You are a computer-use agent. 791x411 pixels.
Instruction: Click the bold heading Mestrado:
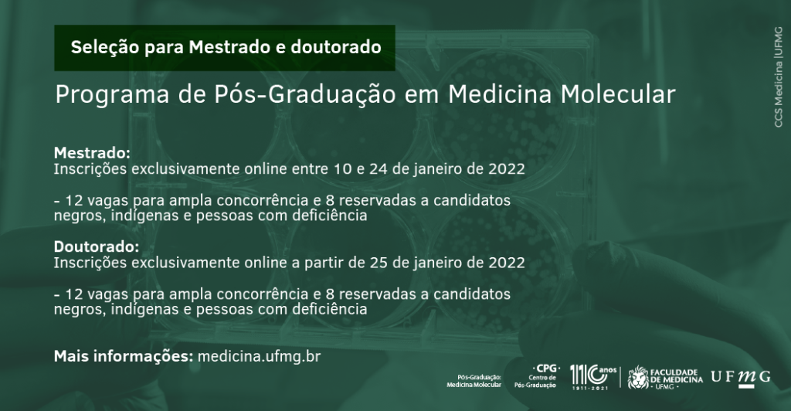[92, 152]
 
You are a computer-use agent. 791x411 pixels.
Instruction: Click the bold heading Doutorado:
[97, 246]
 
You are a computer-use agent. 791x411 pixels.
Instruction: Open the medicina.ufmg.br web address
[259, 356]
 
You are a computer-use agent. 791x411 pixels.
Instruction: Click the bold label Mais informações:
[124, 356]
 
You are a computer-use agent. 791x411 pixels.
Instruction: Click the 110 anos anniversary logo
[593, 377]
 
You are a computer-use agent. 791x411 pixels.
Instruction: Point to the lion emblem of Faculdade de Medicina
[638, 377]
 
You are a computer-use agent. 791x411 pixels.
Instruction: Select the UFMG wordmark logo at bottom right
[741, 378]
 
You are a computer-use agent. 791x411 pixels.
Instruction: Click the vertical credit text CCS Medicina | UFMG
[779, 76]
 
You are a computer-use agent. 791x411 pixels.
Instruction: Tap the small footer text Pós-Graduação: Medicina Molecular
[474, 381]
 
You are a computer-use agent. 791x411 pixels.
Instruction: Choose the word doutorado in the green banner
[336, 47]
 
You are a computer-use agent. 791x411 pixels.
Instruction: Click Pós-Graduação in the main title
[304, 95]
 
